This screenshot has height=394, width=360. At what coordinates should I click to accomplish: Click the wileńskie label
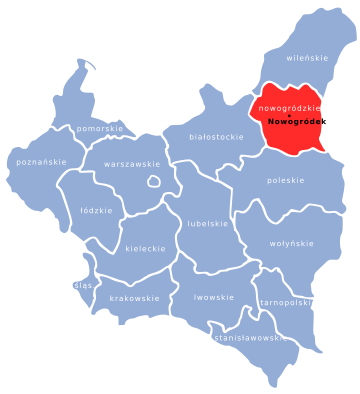307,58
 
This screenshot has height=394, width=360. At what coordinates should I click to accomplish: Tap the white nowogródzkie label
289,107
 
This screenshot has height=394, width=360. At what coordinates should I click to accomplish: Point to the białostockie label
215,136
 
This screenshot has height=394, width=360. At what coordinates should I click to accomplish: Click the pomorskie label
100,129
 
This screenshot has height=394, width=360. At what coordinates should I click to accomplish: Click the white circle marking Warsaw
154,181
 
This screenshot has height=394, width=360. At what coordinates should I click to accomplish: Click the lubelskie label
207,223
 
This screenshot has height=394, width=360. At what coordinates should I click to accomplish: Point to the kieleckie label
145,248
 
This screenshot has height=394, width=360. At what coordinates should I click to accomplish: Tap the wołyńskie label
292,243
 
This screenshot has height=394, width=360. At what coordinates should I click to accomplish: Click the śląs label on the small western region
83,285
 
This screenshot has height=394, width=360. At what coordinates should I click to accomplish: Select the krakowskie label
134,298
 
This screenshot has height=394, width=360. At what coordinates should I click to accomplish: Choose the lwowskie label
214,297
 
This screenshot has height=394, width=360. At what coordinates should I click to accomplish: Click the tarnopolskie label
285,302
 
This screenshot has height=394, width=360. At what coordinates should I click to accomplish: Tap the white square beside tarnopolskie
314,303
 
